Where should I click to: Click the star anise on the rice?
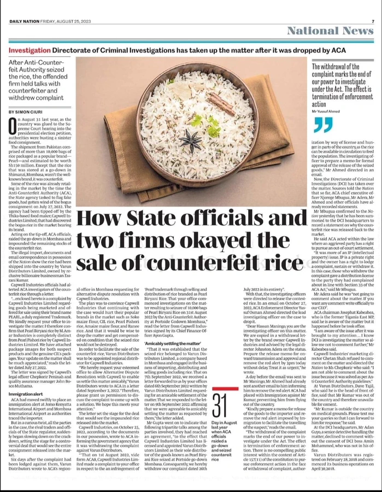click(x=195, y=120)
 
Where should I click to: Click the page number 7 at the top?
click(x=372, y=21)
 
